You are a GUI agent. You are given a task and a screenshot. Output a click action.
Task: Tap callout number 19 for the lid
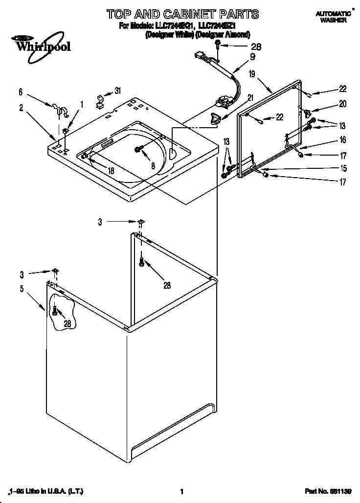pyautogui.click(x=252, y=74)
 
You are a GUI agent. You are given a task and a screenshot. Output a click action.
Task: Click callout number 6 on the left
pyautogui.click(x=21, y=91)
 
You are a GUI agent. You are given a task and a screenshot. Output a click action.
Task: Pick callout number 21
pyautogui.click(x=250, y=97)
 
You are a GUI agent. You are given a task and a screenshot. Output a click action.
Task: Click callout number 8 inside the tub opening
pyautogui.click(x=153, y=166)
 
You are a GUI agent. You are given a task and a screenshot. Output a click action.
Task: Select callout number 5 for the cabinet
pyautogui.click(x=22, y=289)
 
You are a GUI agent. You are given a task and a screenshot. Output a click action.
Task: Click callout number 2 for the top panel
pyautogui.click(x=22, y=108)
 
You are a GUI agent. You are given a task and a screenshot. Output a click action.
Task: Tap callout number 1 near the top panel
pyautogui.click(x=82, y=104)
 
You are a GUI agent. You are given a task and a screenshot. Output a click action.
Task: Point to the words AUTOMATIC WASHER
pyautogui.click(x=333, y=17)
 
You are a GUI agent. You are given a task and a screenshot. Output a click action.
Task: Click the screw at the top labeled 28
pyautogui.click(x=218, y=46)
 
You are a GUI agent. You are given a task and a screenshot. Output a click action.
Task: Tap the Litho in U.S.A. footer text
pyautogui.click(x=44, y=492)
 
